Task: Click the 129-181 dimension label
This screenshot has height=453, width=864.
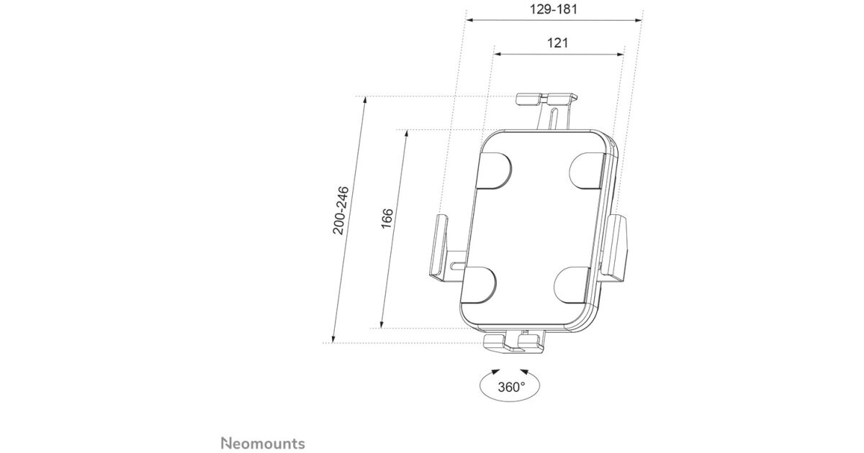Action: [553, 9]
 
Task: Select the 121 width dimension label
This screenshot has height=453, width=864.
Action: [557, 42]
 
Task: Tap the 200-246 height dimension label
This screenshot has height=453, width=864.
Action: [341, 210]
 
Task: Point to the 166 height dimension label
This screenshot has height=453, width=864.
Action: [387, 219]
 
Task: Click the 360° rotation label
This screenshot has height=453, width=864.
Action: [511, 387]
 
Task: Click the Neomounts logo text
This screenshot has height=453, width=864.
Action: [263, 444]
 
